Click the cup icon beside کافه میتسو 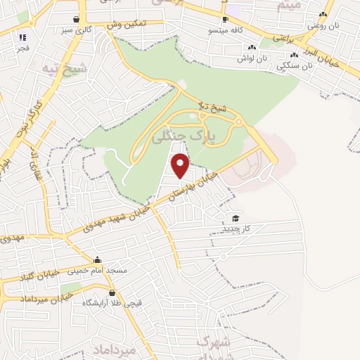[225, 20]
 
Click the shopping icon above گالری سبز [75, 20]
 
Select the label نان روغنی [323, 25]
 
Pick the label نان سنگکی [292, 66]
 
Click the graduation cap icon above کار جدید [236, 218]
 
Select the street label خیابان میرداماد [28, 299]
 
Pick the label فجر [23, 49]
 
